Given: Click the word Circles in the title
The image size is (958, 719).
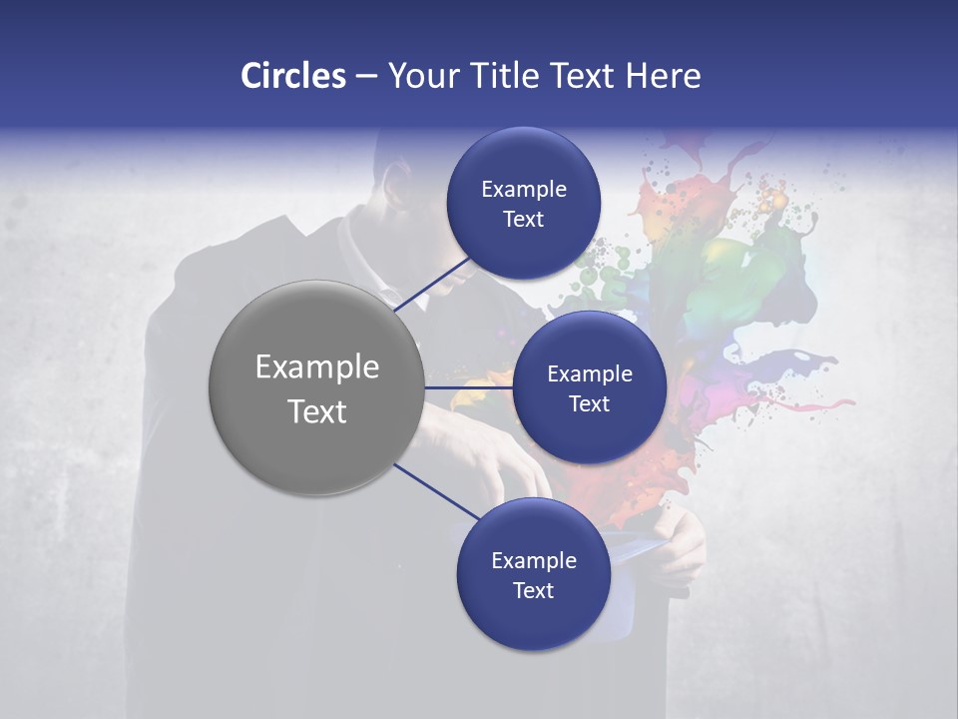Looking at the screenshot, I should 292,76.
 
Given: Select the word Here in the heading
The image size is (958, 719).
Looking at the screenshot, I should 663,76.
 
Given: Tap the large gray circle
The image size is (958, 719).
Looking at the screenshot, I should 316,387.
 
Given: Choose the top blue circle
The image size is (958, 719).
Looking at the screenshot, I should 523,203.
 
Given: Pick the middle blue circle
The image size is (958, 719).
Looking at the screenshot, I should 589,387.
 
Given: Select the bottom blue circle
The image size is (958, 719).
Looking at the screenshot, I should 533,574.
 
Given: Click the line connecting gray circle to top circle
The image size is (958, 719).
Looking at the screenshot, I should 433,284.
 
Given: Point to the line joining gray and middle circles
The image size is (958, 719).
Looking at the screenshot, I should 468,387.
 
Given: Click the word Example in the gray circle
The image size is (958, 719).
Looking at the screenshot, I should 316,366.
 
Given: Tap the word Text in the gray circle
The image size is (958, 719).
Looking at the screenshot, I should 316,410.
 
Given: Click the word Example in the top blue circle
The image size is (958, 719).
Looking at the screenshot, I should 523,189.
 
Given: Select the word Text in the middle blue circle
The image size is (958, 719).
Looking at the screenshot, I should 589,403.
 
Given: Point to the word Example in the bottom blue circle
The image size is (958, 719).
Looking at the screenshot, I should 533,560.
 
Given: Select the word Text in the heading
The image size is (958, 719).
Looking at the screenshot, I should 581,76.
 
